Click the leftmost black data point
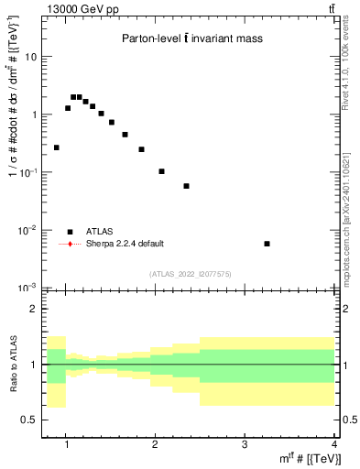[x=57, y=147]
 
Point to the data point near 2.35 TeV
[x=186, y=186]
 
